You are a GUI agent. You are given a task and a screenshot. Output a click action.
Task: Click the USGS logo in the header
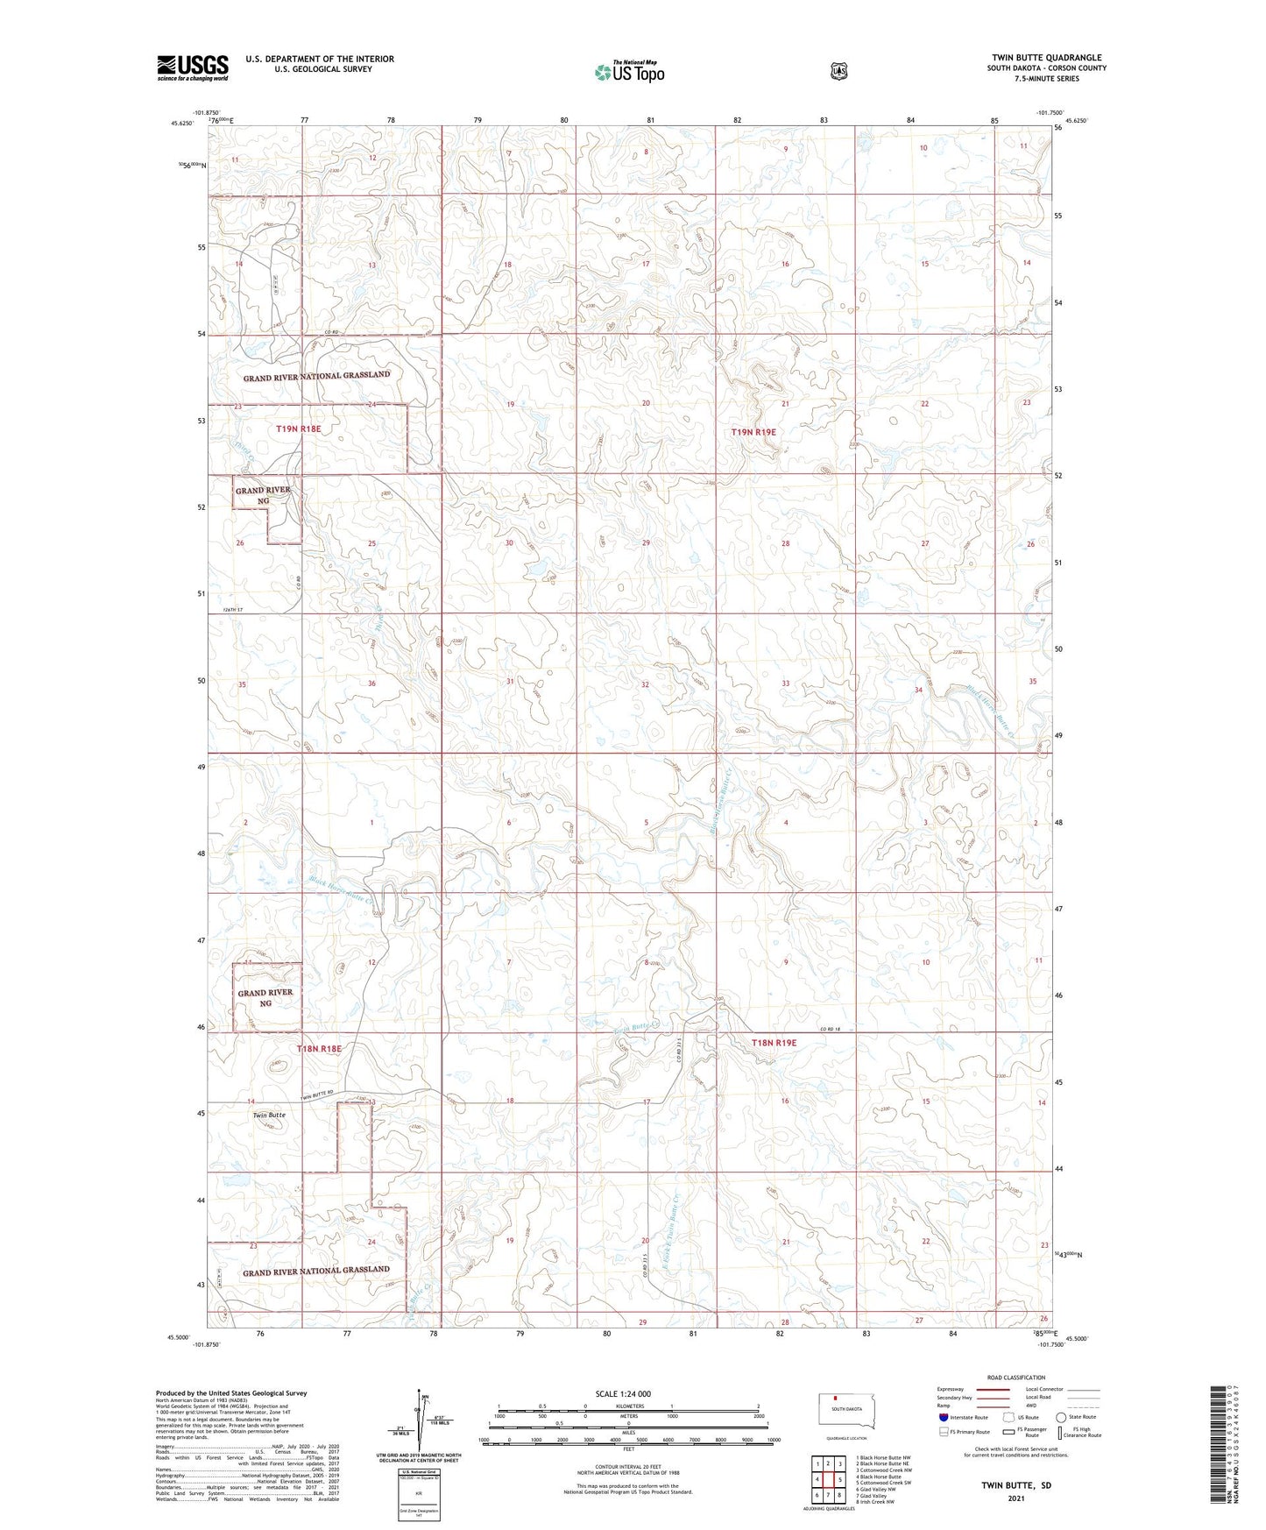pos(193,67)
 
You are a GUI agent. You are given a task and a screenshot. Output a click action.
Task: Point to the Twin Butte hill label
pos(269,1116)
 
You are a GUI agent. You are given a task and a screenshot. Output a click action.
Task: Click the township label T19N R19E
pos(753,432)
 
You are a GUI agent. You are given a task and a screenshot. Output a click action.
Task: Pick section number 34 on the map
pos(918,691)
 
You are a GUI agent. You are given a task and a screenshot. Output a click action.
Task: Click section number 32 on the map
pos(645,684)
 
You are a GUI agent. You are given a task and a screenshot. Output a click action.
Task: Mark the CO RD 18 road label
pos(836,1029)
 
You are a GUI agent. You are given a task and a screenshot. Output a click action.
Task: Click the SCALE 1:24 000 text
pos(623,1393)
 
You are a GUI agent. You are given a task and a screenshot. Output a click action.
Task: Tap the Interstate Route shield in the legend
pos(943,1417)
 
